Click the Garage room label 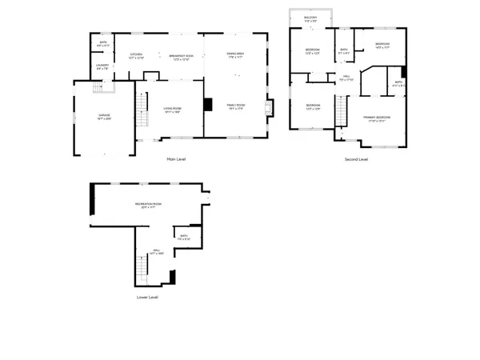(104, 117)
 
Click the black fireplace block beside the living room (207, 104)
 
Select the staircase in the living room (143, 105)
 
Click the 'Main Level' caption (176, 159)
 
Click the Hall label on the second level (346, 78)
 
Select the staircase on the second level (340, 110)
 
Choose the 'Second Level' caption (356, 159)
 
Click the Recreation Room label (148, 206)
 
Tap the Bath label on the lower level (183, 238)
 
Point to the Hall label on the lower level (157, 252)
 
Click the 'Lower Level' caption (147, 297)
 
